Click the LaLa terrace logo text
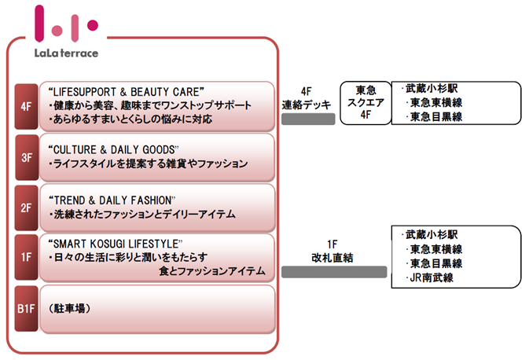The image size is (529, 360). (x=66, y=53)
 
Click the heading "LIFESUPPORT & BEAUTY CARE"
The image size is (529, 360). (x=125, y=90)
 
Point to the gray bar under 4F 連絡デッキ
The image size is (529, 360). (x=308, y=119)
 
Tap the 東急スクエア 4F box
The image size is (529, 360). (x=366, y=102)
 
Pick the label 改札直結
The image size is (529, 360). (x=332, y=258)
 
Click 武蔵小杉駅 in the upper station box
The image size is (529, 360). (x=428, y=88)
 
